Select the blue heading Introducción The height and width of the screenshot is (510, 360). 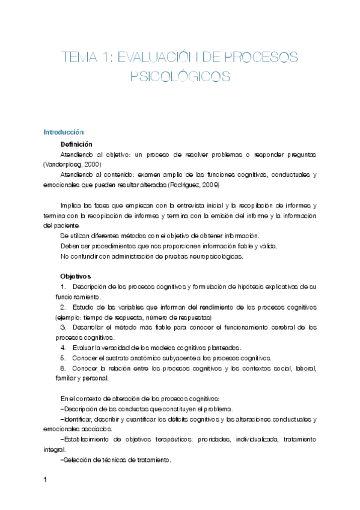63,132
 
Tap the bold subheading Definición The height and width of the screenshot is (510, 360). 76,144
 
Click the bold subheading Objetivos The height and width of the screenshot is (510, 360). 75,275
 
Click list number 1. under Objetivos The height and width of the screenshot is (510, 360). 64,286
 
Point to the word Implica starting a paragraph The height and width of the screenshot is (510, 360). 73,205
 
